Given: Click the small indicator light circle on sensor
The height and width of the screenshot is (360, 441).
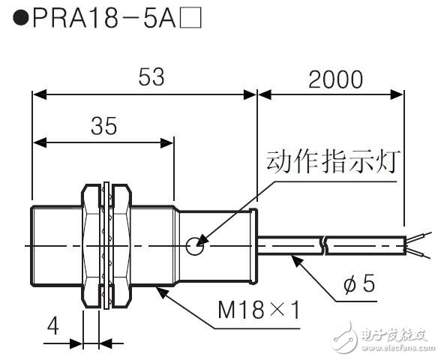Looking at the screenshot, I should pos(194,243).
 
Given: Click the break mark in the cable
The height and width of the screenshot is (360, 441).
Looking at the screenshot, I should pos(322,243).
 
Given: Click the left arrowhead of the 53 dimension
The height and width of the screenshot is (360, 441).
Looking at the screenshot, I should pos(36,94).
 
